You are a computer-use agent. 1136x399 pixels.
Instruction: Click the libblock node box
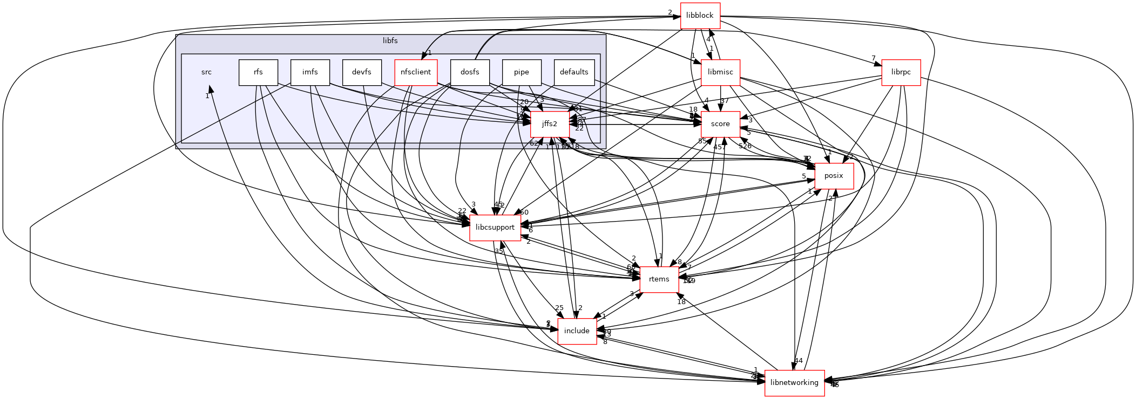point(700,16)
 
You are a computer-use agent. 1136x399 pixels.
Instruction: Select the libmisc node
point(720,72)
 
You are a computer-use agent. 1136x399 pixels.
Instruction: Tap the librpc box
point(901,72)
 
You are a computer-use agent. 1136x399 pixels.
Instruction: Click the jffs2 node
point(550,124)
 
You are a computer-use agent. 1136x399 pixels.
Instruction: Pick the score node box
point(720,124)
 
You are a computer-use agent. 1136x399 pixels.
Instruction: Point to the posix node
point(834,176)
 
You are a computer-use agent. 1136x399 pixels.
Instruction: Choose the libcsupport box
point(495,228)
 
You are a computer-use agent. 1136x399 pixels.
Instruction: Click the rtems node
point(659,279)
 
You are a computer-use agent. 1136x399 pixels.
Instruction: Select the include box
point(577,331)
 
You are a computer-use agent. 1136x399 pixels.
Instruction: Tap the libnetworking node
point(794,383)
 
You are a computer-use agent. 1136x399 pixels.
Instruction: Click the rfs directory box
point(258,72)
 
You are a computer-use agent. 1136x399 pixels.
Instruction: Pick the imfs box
point(310,72)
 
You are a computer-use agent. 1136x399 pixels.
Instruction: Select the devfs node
point(362,72)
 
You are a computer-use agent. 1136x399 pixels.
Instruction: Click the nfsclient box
point(416,72)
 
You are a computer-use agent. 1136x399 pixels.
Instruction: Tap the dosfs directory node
point(470,72)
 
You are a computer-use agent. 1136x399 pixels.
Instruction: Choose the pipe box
point(521,72)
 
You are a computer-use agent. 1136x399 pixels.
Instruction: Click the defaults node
point(574,72)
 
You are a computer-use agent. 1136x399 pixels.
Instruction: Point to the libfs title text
point(390,41)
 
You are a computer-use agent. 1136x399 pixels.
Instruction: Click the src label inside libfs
point(206,72)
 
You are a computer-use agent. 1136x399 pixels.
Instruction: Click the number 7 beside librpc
point(873,58)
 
